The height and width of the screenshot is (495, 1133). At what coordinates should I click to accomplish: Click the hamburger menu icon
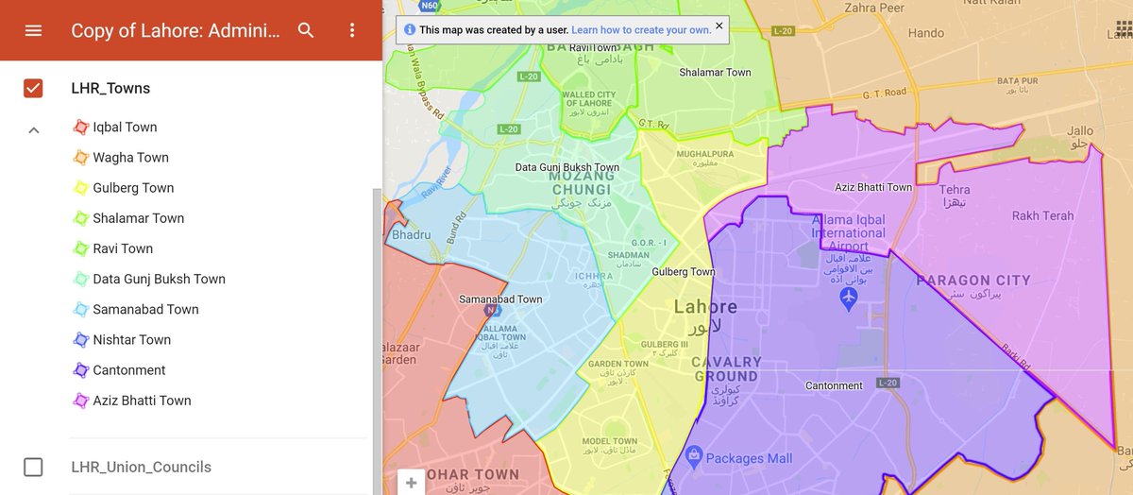33,30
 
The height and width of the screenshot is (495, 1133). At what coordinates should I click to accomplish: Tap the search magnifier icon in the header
306,30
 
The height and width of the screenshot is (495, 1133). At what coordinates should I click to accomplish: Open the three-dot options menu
352,30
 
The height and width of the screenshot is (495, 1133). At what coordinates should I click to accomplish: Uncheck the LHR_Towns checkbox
33,89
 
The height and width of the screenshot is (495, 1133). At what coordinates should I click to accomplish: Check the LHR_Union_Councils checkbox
33,467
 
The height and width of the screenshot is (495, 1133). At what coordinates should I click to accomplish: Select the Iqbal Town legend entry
125,128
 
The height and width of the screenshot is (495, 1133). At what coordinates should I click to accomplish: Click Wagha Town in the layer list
130,158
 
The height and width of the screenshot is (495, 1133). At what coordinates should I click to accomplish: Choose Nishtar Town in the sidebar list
131,340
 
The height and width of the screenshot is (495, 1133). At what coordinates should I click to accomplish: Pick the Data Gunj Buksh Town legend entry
159,280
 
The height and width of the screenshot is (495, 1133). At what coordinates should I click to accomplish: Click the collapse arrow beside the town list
33,130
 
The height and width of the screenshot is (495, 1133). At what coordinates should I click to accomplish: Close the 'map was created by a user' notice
719,26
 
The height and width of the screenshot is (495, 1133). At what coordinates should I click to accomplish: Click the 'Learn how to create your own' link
641,30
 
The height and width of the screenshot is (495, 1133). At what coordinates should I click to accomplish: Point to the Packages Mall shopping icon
695,458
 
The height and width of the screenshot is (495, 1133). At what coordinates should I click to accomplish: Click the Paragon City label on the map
973,281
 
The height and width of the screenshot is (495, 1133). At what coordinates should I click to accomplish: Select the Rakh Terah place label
1042,216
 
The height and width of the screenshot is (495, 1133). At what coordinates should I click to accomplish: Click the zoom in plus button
411,483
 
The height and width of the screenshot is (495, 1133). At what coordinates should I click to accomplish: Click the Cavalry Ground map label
726,368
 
